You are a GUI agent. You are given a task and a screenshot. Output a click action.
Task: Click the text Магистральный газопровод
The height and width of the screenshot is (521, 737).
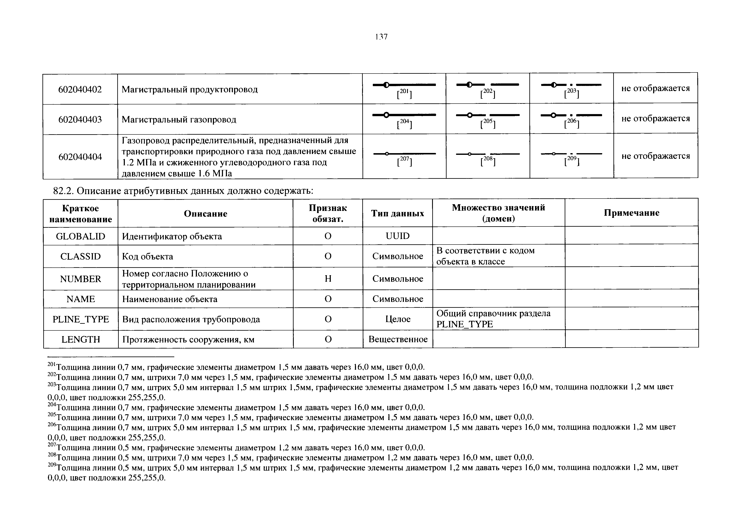pos(179,120)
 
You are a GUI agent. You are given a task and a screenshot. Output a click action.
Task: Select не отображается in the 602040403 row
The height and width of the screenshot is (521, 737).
pos(655,118)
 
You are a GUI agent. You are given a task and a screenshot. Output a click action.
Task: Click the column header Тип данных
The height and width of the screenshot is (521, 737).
pos(397,213)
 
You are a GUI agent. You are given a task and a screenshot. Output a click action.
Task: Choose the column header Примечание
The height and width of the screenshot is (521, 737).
pos(631,213)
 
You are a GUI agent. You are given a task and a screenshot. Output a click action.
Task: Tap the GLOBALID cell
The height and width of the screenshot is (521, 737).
pos(80,236)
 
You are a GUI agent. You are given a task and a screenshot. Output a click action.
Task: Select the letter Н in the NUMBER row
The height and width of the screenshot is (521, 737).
pos(328,279)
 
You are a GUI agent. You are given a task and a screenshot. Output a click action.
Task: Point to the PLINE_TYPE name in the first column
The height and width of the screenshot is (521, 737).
pos(80,319)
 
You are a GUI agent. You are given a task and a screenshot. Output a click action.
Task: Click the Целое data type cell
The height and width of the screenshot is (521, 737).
pos(398,319)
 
